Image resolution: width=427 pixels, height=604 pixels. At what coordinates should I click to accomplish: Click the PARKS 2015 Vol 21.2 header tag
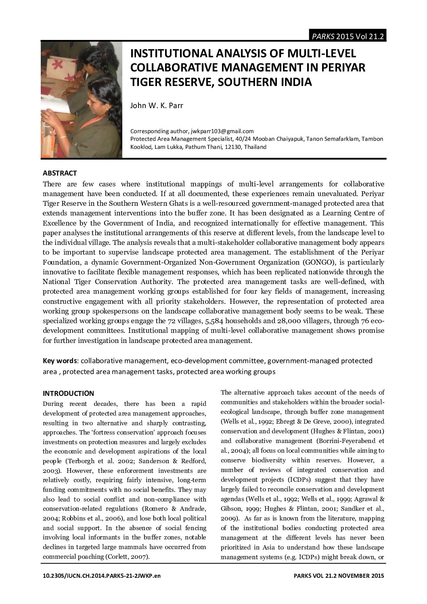tap(347, 36)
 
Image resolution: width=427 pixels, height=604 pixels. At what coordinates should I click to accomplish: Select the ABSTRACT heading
tap(60, 173)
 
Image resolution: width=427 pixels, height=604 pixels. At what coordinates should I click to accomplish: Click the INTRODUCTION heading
tap(68, 393)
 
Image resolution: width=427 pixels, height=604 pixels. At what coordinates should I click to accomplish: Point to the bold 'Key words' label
tap(60, 360)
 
